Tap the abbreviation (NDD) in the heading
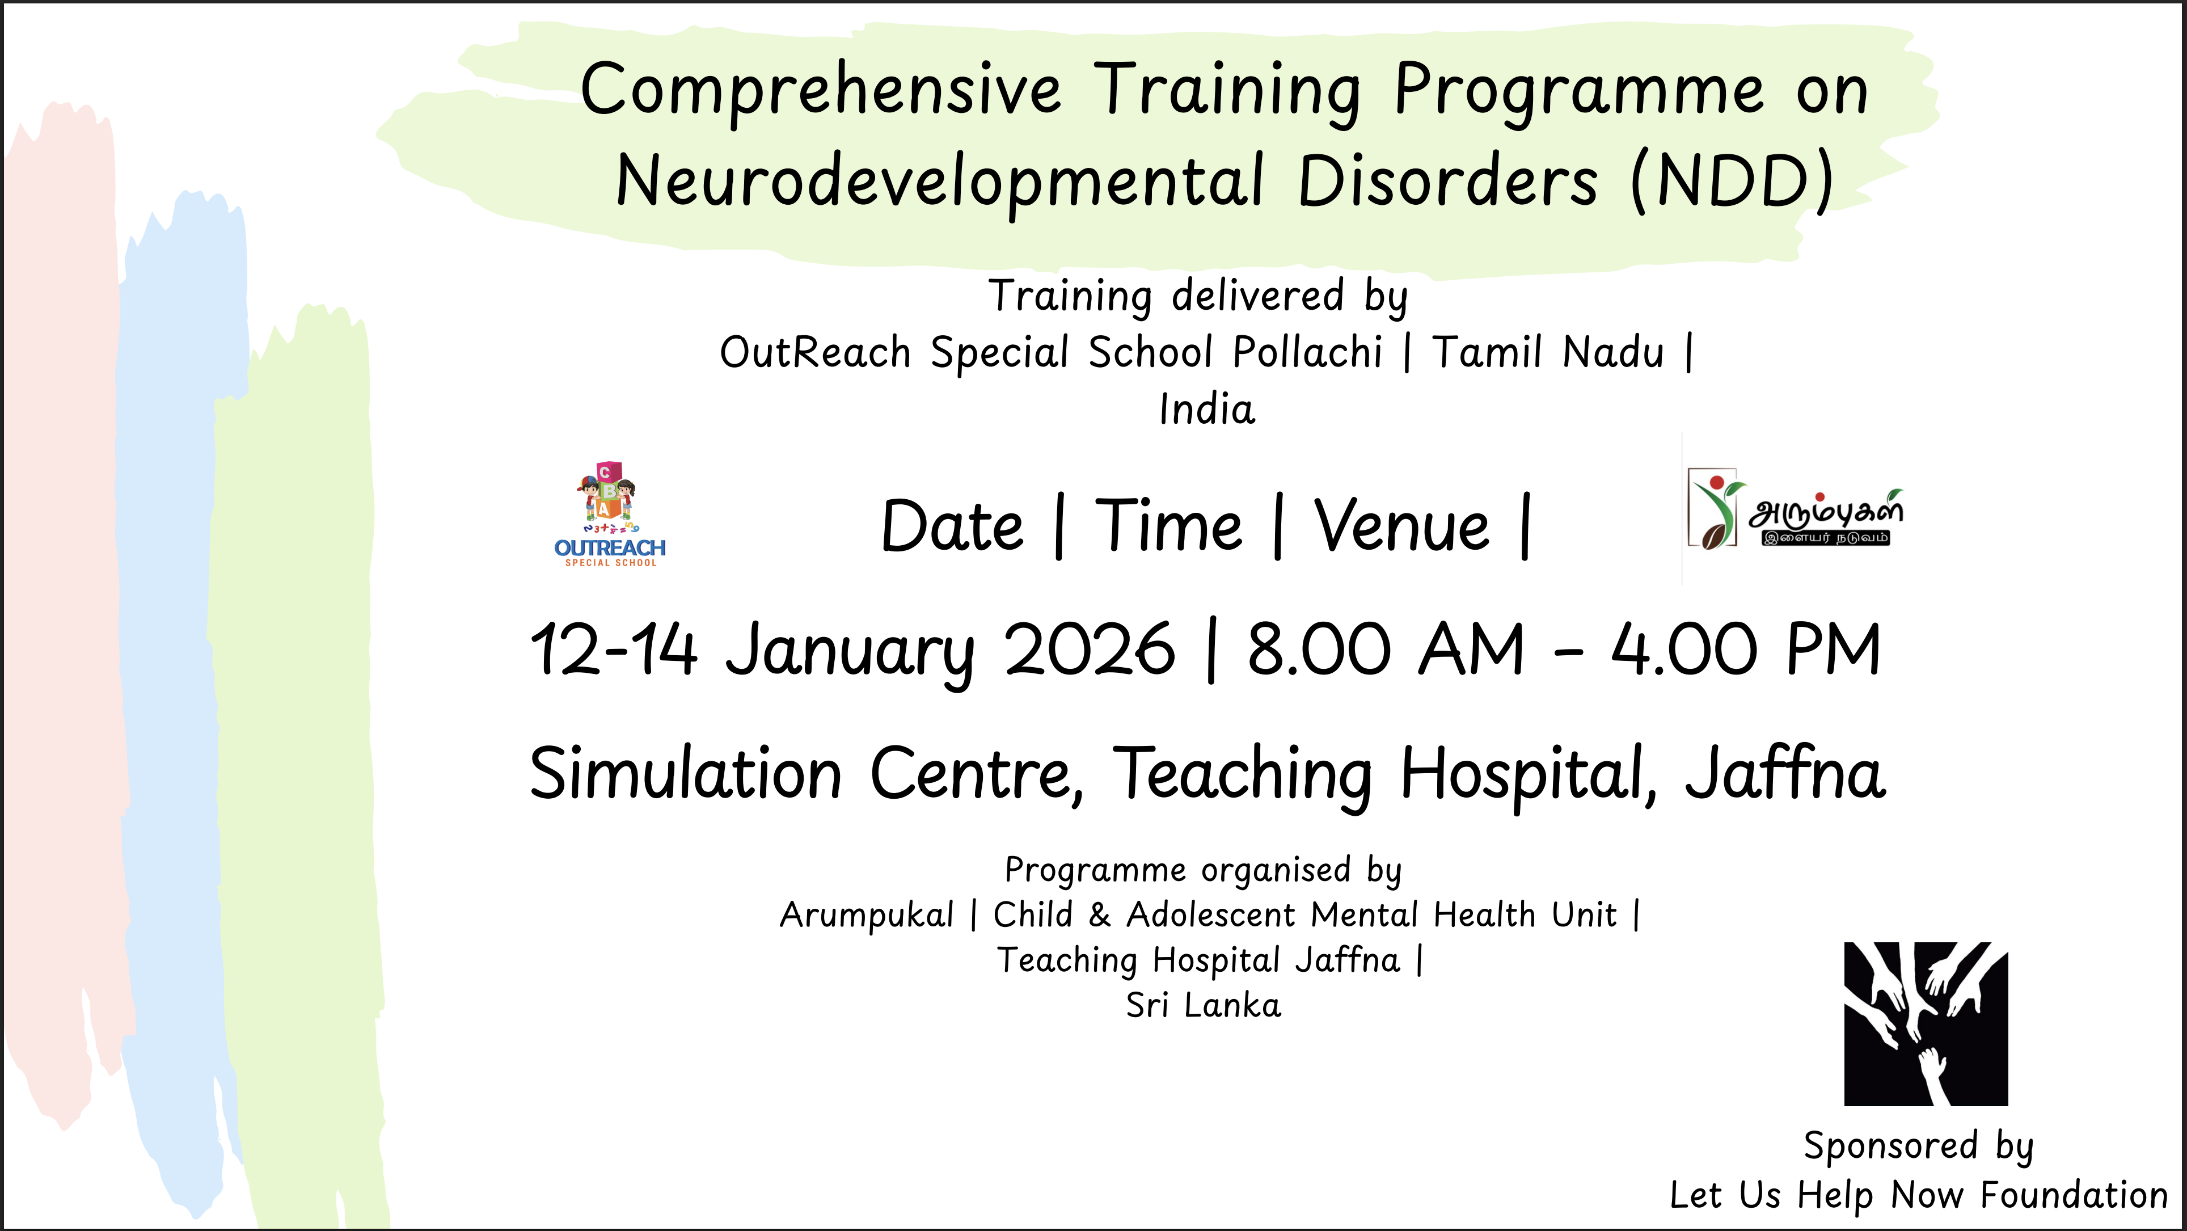point(1733,181)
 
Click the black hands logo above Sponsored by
point(1926,1024)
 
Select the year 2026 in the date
point(1090,650)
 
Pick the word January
point(850,654)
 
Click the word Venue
point(1401,526)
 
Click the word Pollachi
point(1307,352)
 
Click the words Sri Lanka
point(1203,1005)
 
